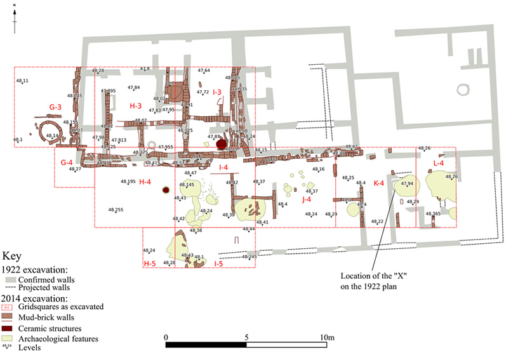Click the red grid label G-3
point(55,107)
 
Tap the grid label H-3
point(136,105)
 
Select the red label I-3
point(216,93)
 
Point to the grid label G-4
point(67,163)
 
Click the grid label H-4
point(145,182)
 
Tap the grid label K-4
point(379,183)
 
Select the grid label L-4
point(438,164)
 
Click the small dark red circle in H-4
point(166,190)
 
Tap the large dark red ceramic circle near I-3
point(222,145)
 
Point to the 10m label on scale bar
point(328,337)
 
